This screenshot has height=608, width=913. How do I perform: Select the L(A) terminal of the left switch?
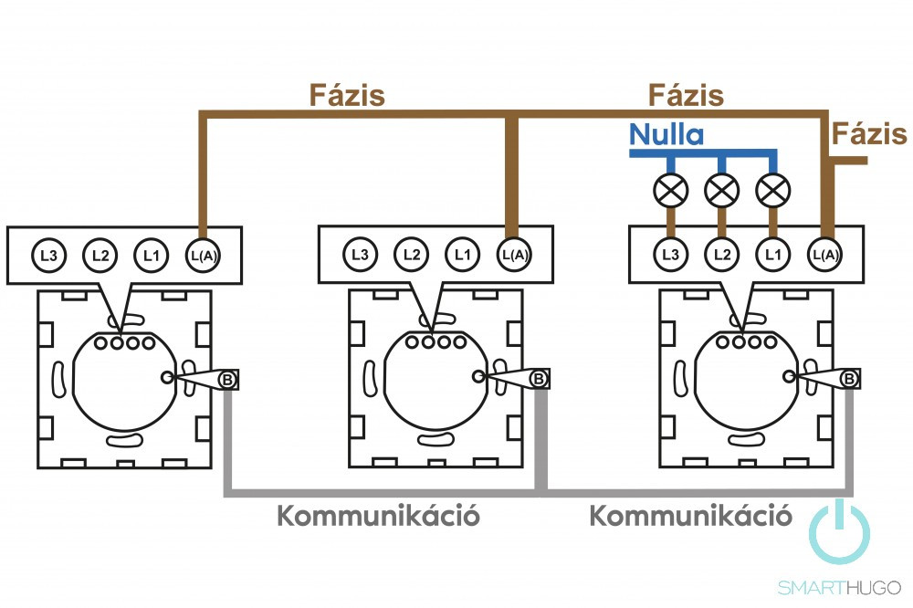203,254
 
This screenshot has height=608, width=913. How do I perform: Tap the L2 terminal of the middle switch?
412,254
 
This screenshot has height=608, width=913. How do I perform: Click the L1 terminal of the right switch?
774,254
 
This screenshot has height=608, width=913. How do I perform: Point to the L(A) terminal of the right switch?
825,254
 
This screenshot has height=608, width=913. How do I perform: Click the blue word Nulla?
666,136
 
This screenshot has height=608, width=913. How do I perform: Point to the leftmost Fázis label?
347,95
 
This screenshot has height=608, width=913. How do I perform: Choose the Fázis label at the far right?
869,135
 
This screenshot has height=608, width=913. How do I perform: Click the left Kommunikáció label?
378,516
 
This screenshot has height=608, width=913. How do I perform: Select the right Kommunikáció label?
689,516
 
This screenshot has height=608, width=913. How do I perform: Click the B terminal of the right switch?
849,378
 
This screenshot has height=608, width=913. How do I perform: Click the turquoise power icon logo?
840,530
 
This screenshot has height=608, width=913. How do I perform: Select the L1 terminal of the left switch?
151,254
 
